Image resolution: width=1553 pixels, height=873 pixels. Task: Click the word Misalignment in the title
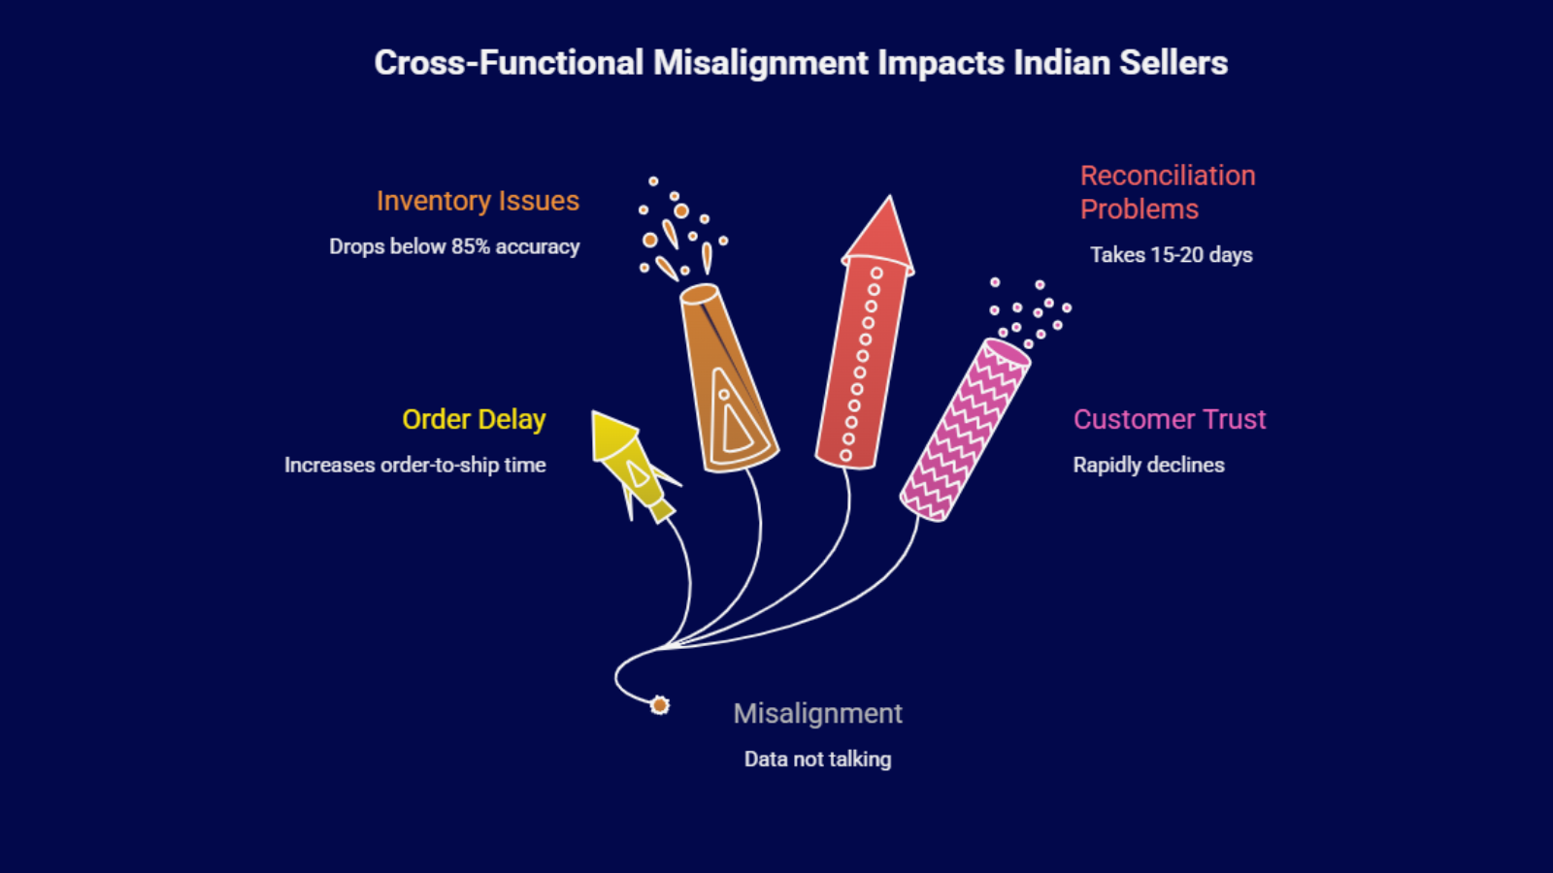(760, 63)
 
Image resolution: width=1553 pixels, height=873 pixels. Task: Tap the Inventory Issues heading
(478, 201)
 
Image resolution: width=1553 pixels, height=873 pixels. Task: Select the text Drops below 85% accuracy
(454, 246)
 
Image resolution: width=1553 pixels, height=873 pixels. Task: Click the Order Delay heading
(474, 419)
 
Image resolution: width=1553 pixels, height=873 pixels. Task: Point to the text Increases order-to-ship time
(414, 465)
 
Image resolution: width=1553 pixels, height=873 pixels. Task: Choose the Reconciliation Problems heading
(1167, 192)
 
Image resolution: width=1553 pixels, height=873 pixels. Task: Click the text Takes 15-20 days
(1171, 255)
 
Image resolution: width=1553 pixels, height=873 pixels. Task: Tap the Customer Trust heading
(1169, 419)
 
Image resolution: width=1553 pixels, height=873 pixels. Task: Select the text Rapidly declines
(1148, 465)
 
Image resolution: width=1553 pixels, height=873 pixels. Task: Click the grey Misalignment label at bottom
(817, 714)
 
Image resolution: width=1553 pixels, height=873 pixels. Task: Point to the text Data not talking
(817, 760)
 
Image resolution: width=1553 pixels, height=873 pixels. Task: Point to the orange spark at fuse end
(660, 705)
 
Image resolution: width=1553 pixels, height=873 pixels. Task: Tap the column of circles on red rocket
(861, 364)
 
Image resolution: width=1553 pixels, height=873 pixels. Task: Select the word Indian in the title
(1062, 63)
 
